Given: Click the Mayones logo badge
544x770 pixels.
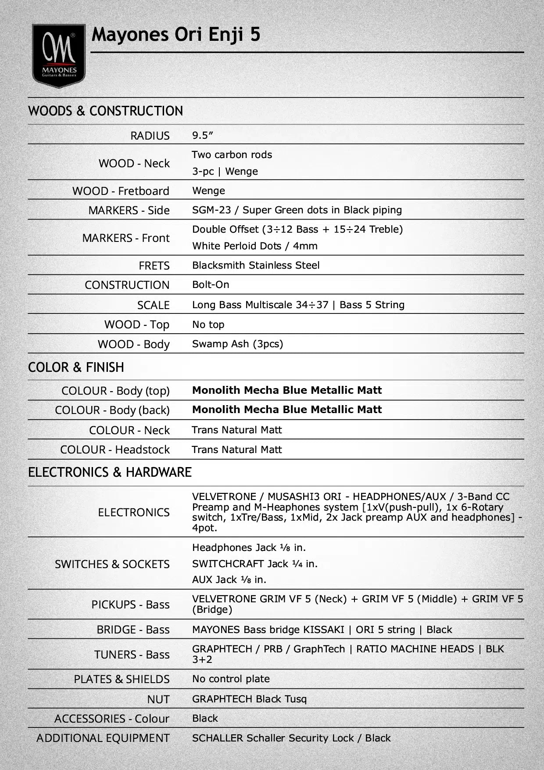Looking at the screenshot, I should [59, 56].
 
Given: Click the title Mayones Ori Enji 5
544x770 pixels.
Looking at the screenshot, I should [175, 35].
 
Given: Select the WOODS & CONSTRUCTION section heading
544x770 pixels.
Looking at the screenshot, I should [105, 111].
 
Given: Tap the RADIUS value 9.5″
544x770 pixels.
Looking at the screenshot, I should [202, 135].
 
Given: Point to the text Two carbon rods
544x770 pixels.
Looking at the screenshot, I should [232, 155].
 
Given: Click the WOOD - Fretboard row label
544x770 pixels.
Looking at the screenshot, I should [121, 191].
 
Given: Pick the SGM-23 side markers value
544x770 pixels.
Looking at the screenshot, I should [297, 210].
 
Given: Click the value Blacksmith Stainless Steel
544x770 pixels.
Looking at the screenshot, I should [256, 265].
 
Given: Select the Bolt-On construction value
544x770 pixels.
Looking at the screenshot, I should [211, 284].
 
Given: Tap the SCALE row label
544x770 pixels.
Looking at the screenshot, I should [153, 305].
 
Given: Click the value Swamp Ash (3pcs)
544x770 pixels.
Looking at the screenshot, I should [237, 344].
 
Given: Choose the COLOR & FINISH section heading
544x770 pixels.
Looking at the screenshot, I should [76, 367].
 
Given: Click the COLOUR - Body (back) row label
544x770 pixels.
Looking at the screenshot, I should [112, 410].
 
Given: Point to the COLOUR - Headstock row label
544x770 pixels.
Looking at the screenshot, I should [115, 450].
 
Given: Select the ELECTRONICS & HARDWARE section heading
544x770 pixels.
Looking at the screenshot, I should [110, 472].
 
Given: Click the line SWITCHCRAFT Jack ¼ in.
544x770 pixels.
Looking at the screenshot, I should [254, 564].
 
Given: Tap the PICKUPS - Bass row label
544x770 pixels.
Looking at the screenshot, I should [130, 604].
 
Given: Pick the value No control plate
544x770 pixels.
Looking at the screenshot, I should [231, 679].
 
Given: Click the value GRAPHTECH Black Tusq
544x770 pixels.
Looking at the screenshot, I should [249, 699].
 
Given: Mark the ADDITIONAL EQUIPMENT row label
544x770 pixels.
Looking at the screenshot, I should [103, 738].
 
